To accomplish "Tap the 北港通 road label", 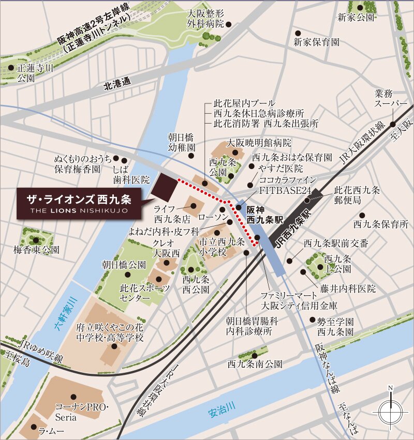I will coord(118,85).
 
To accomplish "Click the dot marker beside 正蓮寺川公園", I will coord(11,68).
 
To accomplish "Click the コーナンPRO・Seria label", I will coord(81,413).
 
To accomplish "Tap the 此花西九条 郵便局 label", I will coord(357,195).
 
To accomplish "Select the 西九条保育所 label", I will coord(381,224).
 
